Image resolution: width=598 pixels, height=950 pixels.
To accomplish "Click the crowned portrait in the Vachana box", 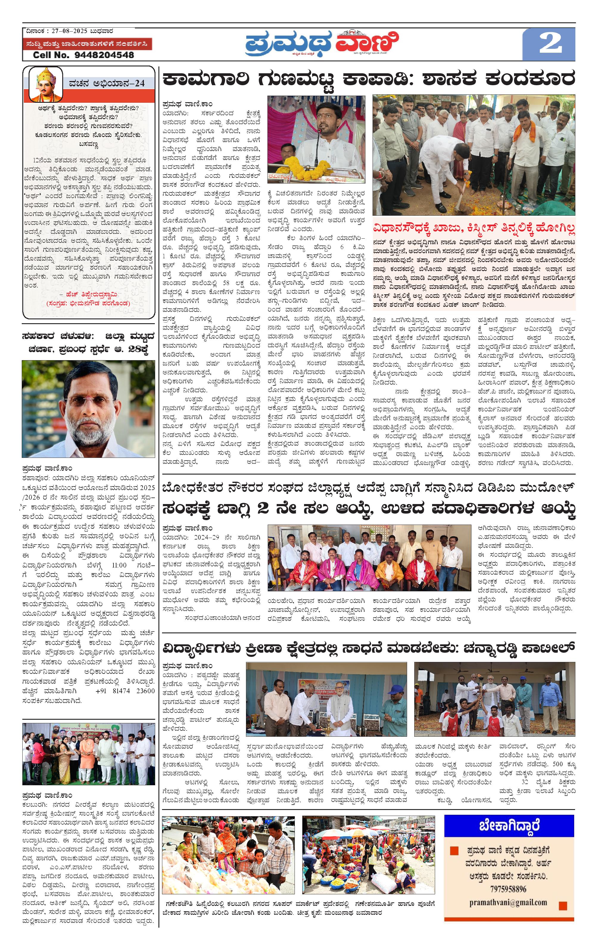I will [x=46, y=84].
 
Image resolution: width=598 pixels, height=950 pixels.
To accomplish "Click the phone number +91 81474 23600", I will [x=125, y=691].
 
